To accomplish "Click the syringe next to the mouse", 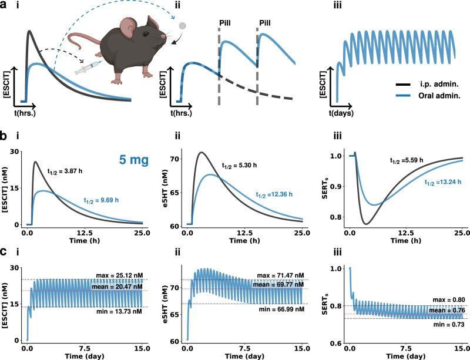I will pos(85,69).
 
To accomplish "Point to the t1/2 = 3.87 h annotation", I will pos(69,171).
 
